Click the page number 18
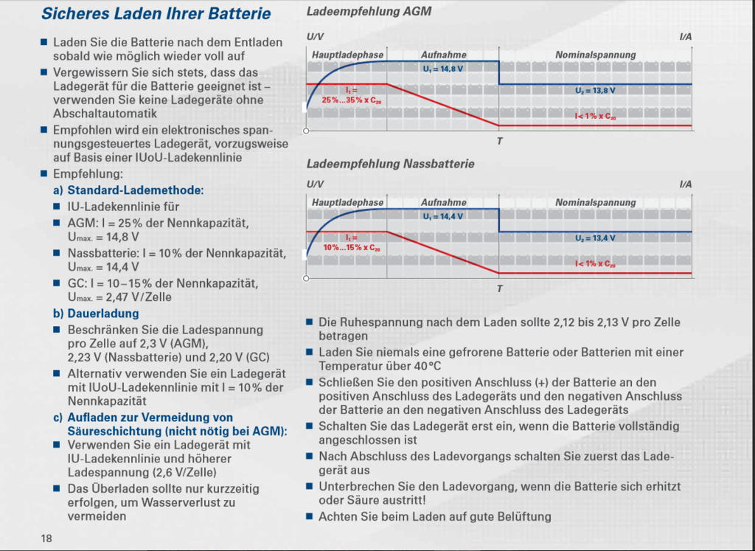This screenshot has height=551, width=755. (x=46, y=538)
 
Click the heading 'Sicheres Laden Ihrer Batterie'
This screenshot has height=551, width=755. (x=156, y=13)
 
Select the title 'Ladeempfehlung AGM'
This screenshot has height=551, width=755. (x=369, y=11)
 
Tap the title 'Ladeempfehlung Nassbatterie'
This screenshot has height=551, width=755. (x=391, y=164)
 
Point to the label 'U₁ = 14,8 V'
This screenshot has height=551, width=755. (x=443, y=69)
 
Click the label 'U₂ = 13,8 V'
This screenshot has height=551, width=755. (x=595, y=91)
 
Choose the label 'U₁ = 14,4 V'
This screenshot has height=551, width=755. (x=443, y=217)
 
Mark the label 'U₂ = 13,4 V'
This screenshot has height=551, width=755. (x=595, y=238)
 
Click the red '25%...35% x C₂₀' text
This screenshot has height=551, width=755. (x=352, y=100)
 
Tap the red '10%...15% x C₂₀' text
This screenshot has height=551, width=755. (x=352, y=248)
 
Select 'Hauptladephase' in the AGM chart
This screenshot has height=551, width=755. (x=348, y=55)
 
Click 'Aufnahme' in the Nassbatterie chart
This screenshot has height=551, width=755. (x=443, y=202)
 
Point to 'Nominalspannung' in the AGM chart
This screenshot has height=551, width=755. (x=596, y=55)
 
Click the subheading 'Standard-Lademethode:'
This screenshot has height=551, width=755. (x=136, y=190)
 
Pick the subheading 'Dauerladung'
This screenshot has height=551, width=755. (x=103, y=313)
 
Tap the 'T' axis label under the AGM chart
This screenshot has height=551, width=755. (x=500, y=141)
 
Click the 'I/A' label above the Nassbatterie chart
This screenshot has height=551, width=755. (x=686, y=184)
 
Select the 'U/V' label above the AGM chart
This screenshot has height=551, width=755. (x=316, y=37)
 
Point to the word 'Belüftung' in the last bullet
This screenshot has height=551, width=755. (x=526, y=517)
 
